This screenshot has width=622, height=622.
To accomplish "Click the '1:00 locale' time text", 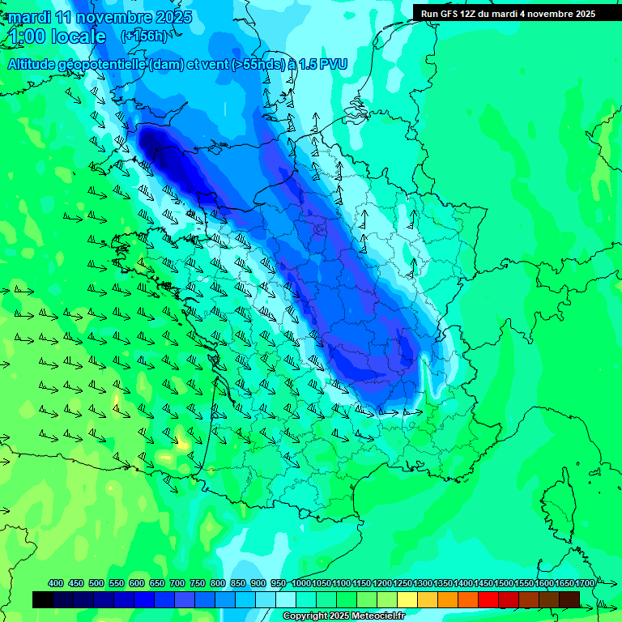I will (57, 36).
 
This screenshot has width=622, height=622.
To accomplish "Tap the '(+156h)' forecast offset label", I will (143, 36).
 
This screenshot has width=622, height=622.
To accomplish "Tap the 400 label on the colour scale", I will (56, 584).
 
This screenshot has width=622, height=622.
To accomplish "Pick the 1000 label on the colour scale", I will (300, 584).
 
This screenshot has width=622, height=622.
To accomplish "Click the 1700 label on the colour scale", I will (584, 584).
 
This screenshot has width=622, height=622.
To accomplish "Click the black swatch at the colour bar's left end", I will (43, 599).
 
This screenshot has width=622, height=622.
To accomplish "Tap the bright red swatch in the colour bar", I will (488, 599).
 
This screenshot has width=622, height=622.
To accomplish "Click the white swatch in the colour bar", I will (286, 599).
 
